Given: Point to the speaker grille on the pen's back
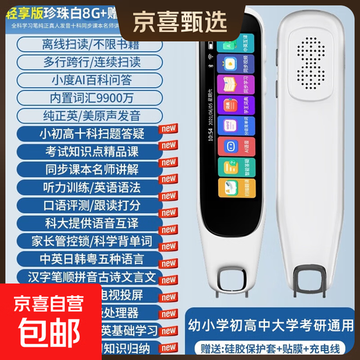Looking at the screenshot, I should (x=311, y=65).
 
